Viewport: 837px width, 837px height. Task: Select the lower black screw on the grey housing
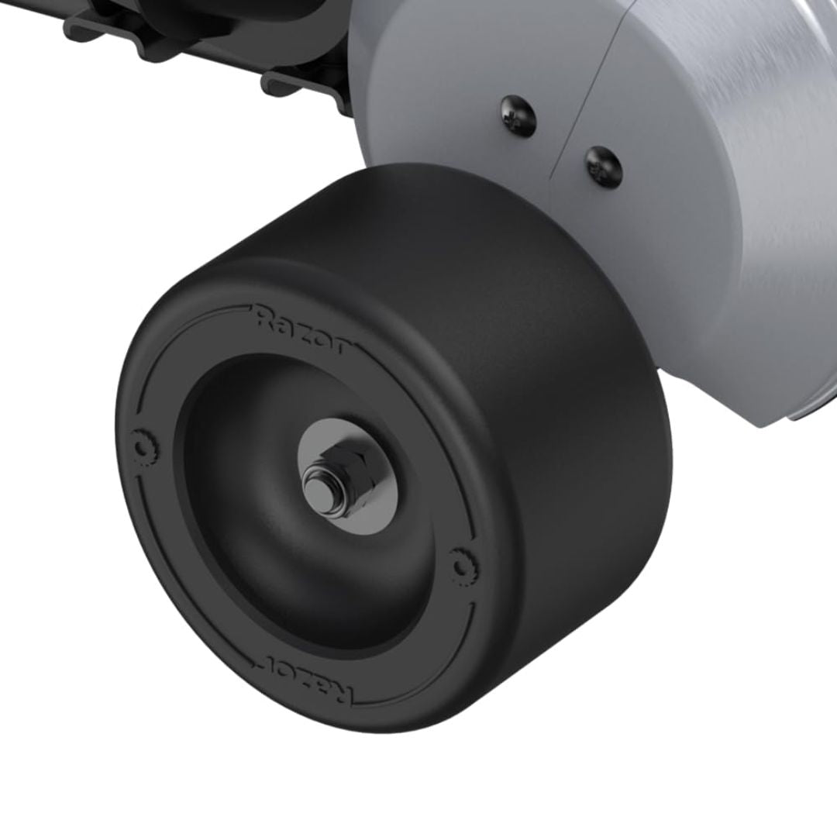(x=603, y=166)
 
